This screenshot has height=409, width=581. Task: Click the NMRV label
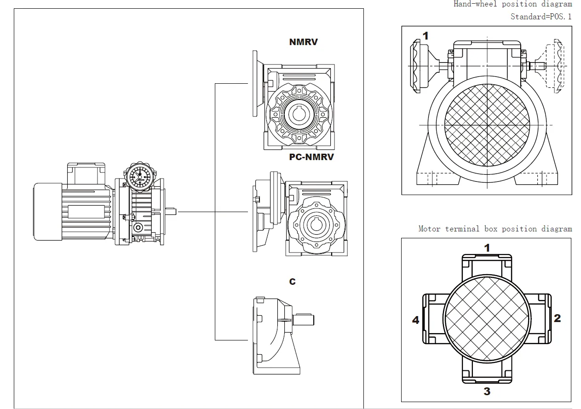(303, 42)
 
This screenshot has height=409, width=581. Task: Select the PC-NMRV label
(311, 157)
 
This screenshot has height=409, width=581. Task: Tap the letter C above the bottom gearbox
(293, 282)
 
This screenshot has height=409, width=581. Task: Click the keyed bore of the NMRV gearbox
(299, 113)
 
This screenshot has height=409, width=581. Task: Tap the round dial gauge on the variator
(137, 176)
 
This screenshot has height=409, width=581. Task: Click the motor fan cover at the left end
(47, 211)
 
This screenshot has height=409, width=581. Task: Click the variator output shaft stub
(172, 211)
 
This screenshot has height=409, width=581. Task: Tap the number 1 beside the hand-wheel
(426, 36)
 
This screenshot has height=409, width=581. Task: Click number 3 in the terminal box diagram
(487, 392)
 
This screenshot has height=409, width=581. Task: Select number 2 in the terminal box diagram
(557, 318)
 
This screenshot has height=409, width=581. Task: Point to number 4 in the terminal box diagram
(416, 320)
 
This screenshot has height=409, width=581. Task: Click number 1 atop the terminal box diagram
(487, 248)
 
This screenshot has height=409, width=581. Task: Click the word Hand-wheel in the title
(473, 4)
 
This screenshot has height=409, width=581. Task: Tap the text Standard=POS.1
(541, 17)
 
